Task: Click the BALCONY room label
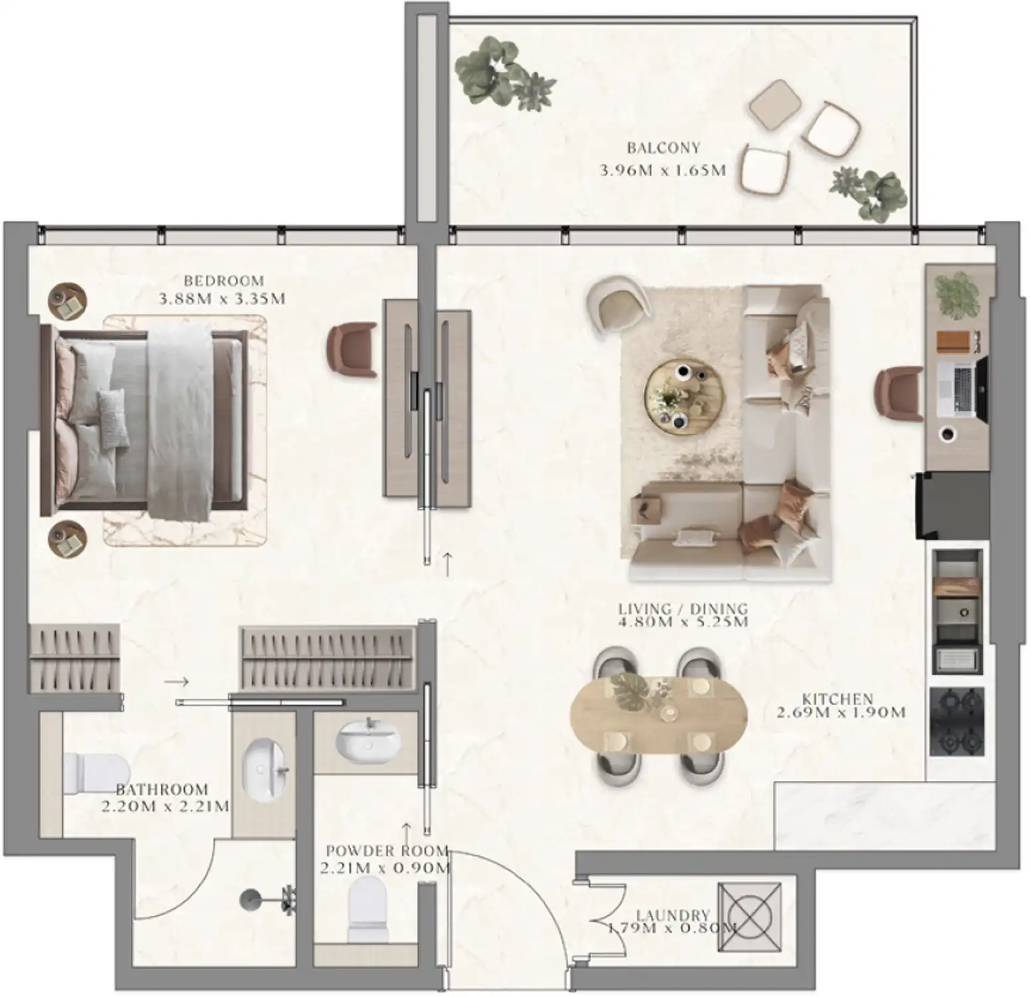[663, 148]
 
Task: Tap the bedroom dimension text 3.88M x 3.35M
[223, 299]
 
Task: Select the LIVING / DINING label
[683, 608]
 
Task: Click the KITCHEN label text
[837, 699]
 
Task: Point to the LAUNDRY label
[673, 915]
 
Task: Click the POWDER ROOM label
[387, 851]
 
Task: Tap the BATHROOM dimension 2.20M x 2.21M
[165, 807]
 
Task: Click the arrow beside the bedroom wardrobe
[176, 682]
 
